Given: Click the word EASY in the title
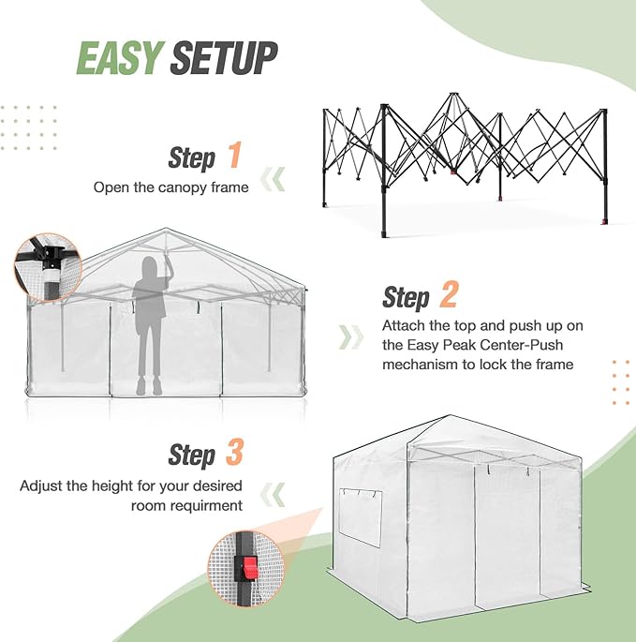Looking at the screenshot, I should (x=121, y=57).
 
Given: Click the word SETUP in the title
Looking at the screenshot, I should (x=225, y=57).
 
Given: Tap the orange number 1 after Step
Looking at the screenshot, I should (x=234, y=155).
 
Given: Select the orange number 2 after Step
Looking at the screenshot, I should (x=448, y=295).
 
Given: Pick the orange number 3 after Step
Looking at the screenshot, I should (x=234, y=454).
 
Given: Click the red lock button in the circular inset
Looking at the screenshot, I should (x=250, y=568).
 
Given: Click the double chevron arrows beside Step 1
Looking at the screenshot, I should (x=273, y=179).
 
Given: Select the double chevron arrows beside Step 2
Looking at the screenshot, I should (x=351, y=336).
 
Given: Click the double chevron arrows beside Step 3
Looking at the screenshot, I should (x=273, y=493).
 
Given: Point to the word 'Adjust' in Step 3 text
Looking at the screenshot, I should (x=40, y=486).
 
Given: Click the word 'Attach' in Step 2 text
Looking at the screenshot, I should (x=403, y=326).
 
